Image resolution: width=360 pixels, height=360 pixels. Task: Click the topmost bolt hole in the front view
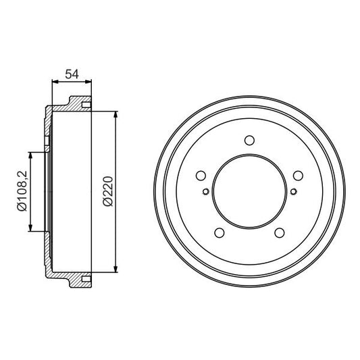(249, 140)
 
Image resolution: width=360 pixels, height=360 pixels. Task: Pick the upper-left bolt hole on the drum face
(200, 176)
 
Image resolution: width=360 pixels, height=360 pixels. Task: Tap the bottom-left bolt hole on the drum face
(219, 233)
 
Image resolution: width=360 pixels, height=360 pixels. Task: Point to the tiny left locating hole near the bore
(205, 191)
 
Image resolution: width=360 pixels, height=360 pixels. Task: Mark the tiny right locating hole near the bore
(292, 191)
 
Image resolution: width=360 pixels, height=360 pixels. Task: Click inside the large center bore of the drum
(249, 192)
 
